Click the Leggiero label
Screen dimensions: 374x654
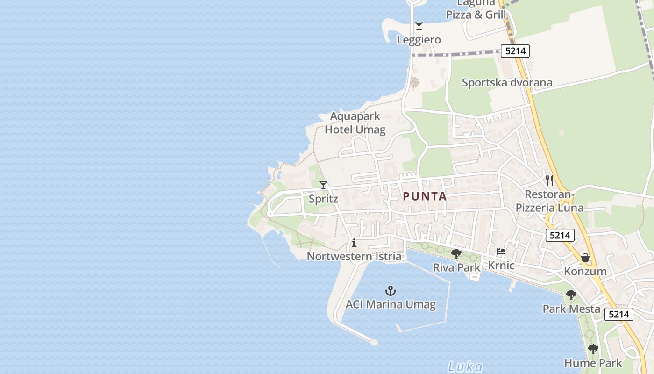(x=419, y=40)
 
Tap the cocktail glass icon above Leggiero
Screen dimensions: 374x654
(x=419, y=26)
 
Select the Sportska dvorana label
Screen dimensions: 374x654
(x=507, y=83)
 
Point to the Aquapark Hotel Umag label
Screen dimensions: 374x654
(x=355, y=123)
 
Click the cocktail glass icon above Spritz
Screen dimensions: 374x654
(x=323, y=185)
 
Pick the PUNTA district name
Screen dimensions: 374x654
(x=425, y=196)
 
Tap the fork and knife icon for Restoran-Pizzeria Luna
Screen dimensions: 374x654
(x=549, y=180)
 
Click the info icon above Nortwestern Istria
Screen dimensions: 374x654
(x=354, y=243)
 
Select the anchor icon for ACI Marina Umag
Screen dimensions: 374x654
(x=391, y=291)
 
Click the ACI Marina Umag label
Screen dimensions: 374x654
(x=391, y=305)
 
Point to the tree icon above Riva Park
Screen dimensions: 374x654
(x=456, y=254)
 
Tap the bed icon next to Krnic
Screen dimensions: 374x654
(x=501, y=252)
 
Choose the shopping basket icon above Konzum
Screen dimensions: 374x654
(x=585, y=258)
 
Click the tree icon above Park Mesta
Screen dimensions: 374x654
(x=571, y=295)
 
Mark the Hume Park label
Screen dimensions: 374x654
(x=593, y=363)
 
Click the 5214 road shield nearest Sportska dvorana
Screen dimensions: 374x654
(x=515, y=51)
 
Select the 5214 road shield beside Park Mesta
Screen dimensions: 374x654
(x=619, y=314)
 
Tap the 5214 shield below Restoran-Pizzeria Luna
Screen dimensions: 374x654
(x=560, y=235)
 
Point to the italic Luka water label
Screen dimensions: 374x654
(x=465, y=367)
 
